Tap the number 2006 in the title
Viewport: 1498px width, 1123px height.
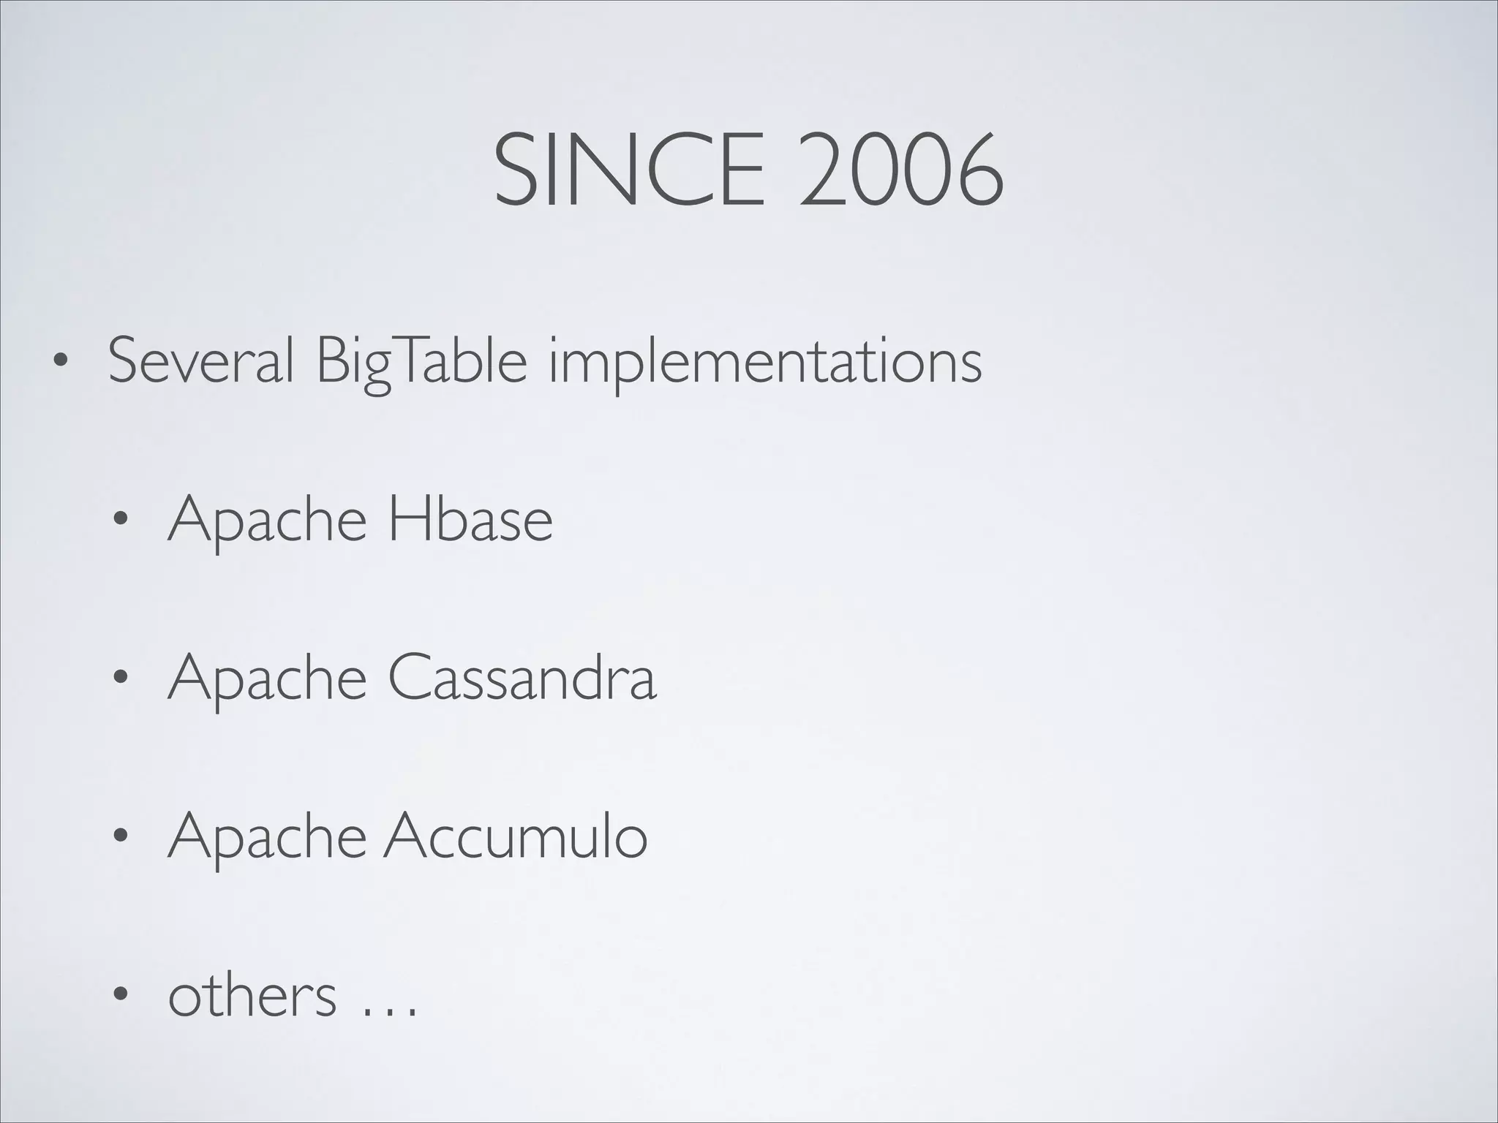[x=900, y=170]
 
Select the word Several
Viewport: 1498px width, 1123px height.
[x=201, y=360]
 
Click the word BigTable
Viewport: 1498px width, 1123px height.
[x=421, y=362]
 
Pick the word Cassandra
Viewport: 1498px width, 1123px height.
[x=522, y=678]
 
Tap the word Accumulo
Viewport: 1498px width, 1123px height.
[x=516, y=836]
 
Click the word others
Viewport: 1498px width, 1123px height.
[x=252, y=995]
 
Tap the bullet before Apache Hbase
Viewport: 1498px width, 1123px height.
[x=120, y=520]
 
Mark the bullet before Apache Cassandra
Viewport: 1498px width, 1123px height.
[x=120, y=678]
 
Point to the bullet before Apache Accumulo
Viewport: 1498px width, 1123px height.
[x=120, y=837]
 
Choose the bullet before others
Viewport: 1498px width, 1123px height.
[x=120, y=996]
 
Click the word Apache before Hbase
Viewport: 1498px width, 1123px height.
[x=267, y=521]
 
